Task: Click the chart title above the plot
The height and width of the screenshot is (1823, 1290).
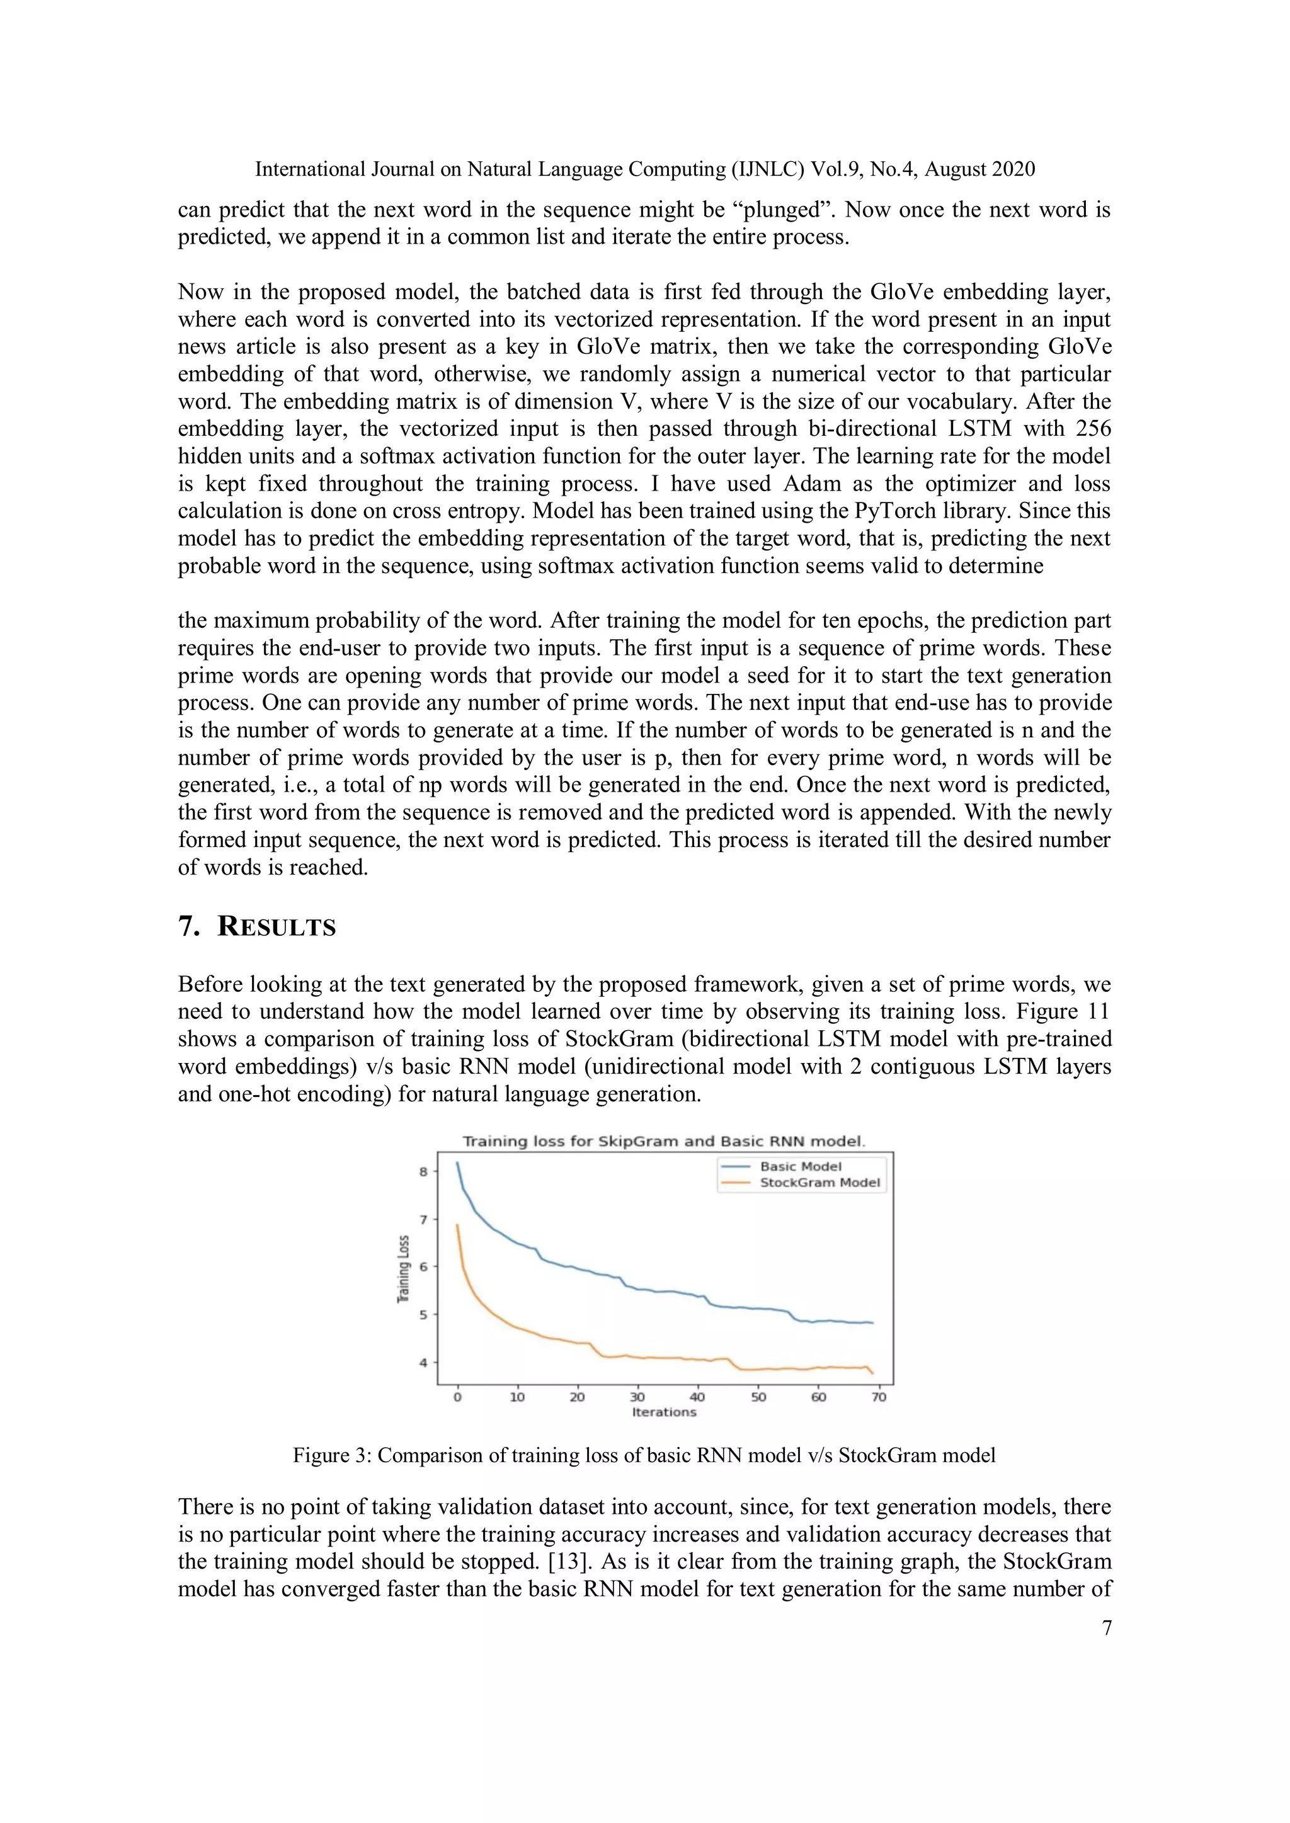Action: point(664,1141)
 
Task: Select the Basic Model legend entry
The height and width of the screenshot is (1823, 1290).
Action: point(800,1166)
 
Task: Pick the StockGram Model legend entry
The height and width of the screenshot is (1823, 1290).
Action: point(819,1182)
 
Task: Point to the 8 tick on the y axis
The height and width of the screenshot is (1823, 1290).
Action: point(424,1172)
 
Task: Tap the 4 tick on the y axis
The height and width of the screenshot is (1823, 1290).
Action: point(424,1363)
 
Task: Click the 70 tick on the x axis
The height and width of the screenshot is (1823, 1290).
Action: point(879,1397)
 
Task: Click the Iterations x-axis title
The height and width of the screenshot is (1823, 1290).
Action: point(664,1412)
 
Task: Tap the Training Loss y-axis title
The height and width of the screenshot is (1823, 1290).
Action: point(404,1269)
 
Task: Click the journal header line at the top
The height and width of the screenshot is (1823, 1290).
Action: point(645,169)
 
